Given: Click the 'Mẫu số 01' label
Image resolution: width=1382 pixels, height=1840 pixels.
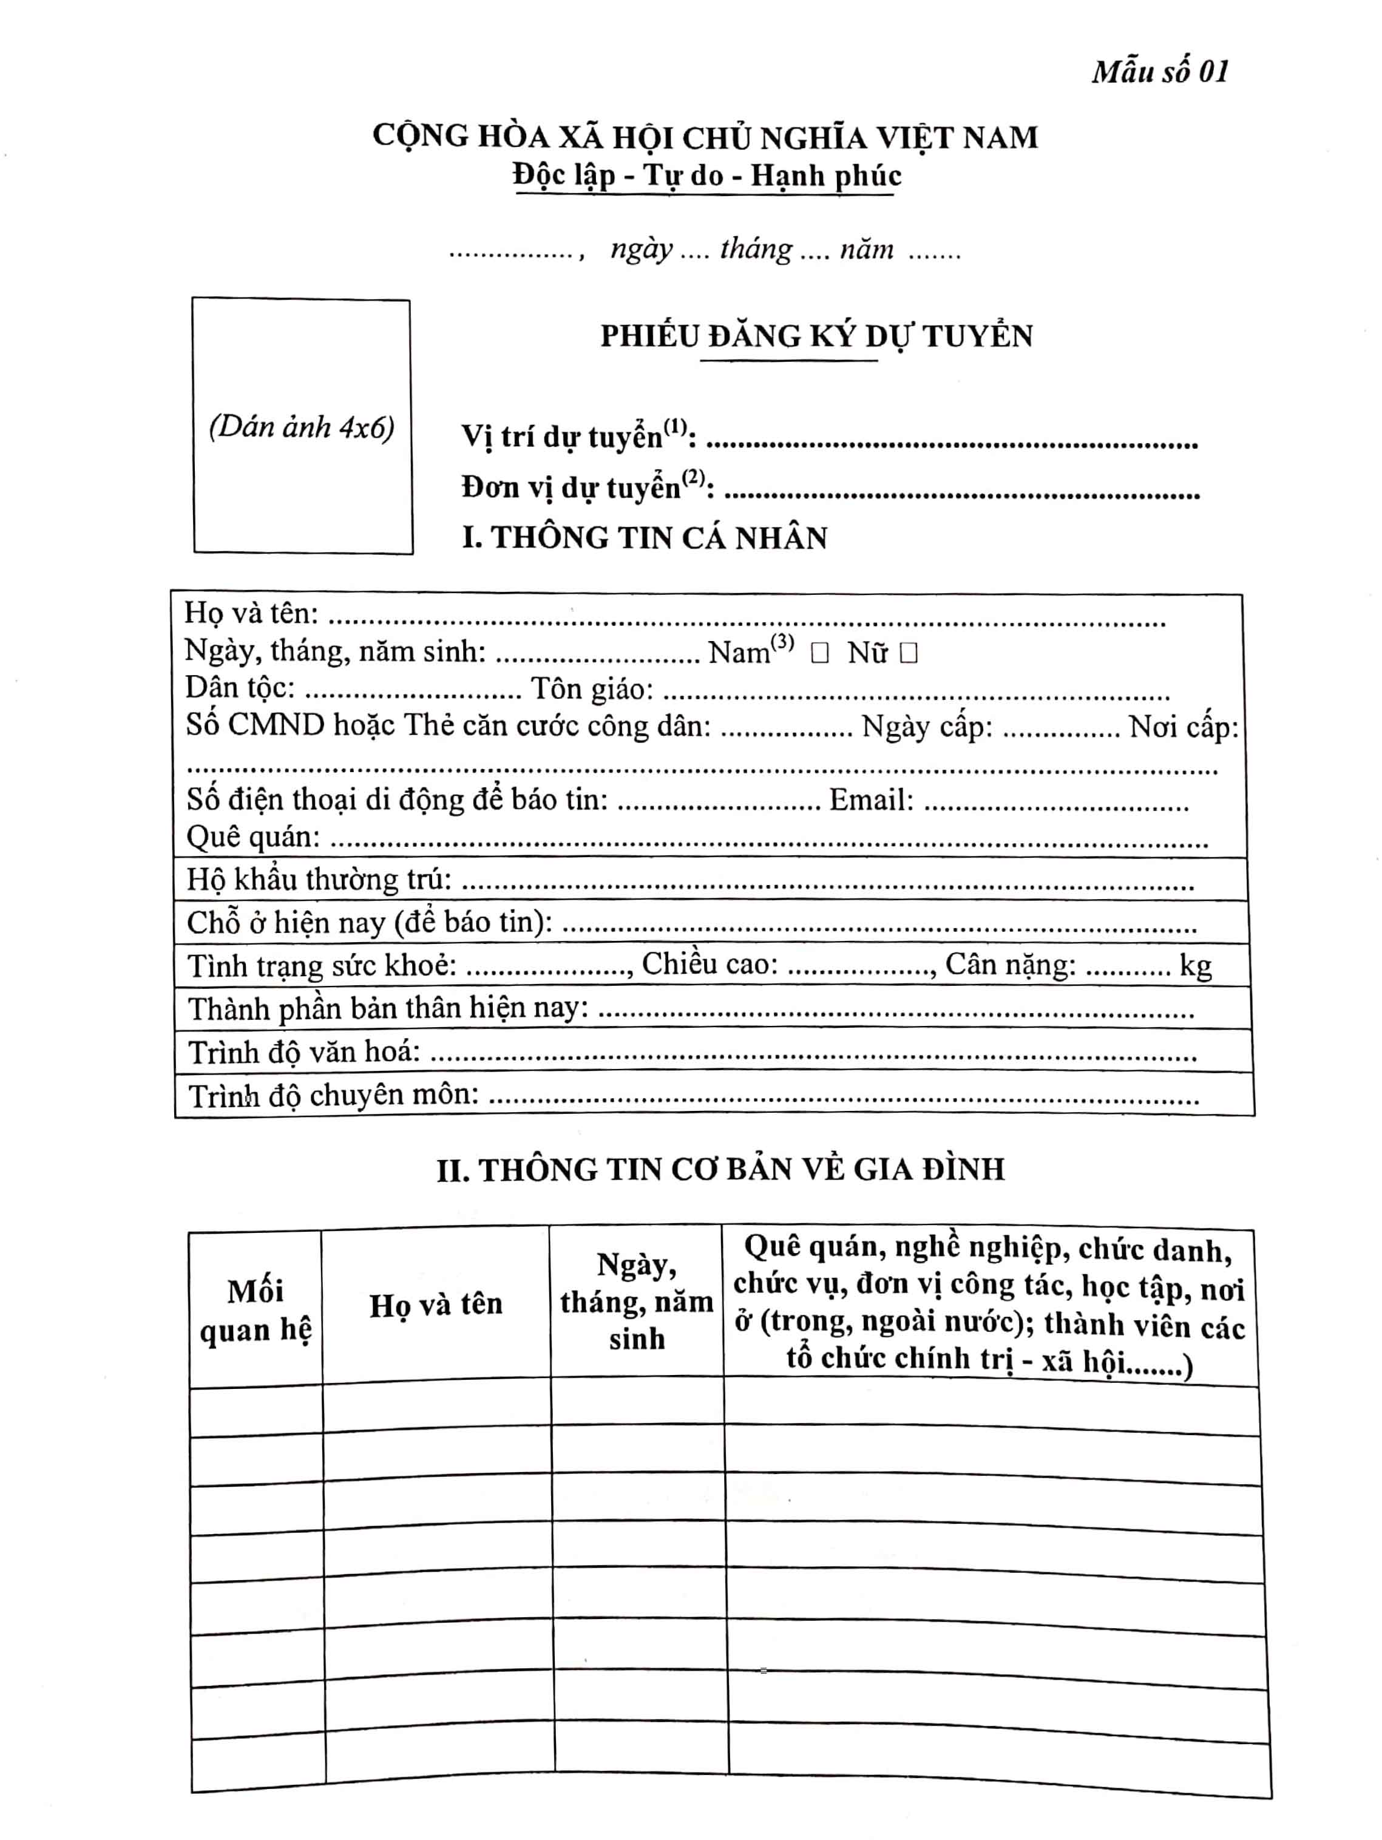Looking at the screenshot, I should pos(1159,72).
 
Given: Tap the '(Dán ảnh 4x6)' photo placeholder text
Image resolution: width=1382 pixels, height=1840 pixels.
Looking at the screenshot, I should pos(301,427).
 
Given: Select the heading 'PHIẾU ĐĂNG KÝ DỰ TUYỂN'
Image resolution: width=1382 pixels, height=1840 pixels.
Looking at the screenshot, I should pos(816,336).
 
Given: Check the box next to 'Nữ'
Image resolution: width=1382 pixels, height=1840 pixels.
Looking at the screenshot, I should pos(908,653).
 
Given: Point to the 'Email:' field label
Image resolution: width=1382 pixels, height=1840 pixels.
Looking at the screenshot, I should pos(870,800).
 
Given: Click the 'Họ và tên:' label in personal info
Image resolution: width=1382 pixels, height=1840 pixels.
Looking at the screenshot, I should pos(251,613).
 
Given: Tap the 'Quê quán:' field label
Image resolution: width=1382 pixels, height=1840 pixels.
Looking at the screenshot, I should pos(252,837).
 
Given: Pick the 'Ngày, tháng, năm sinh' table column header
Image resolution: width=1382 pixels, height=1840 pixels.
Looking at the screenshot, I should pos(636,1302).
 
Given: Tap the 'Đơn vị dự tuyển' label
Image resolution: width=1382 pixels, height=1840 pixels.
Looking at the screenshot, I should pos(586,487).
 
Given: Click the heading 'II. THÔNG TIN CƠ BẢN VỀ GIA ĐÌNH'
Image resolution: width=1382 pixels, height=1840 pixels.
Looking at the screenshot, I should pos(720,1170).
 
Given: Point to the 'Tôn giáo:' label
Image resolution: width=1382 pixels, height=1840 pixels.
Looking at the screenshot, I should pos(592,689).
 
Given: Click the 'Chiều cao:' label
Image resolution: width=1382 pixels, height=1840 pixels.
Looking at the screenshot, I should pos(710,963).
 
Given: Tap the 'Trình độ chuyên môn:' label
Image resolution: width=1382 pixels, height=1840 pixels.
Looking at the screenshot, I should pos(333,1096).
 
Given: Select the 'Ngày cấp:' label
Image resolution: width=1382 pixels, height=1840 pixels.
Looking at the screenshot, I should pos(926,727).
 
